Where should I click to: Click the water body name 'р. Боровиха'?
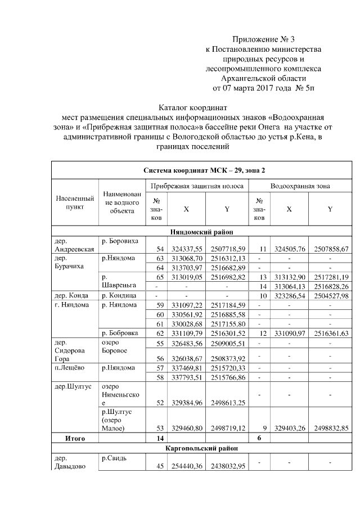(119, 240)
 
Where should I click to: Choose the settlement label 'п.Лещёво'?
(70, 368)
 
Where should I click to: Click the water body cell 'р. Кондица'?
(119, 295)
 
